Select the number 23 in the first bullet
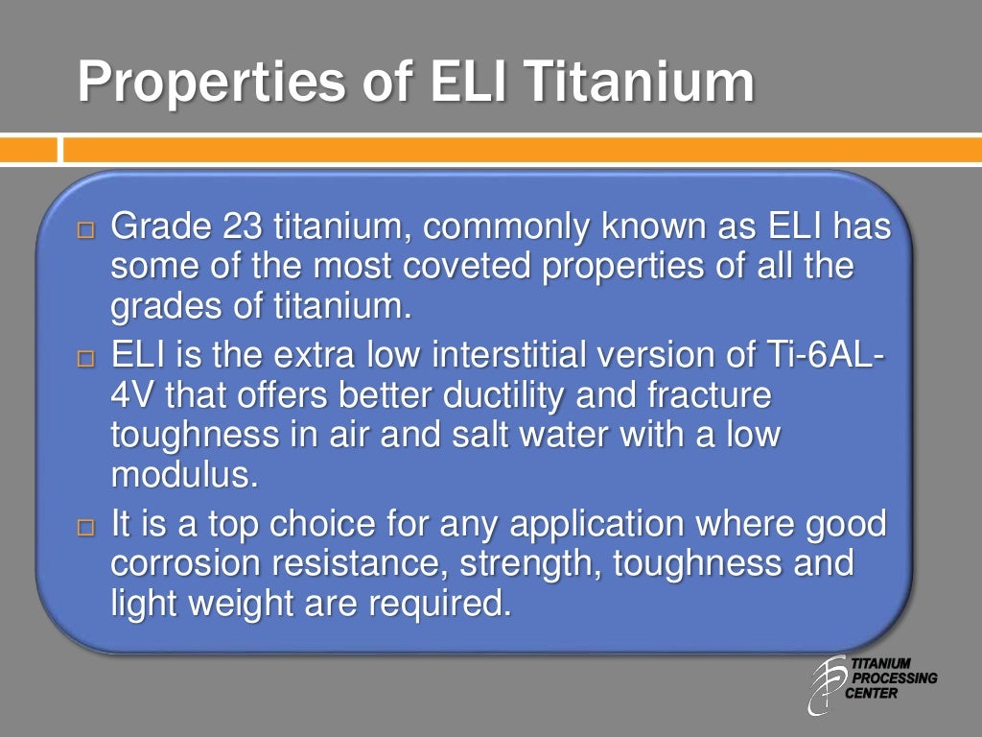pyautogui.click(x=245, y=229)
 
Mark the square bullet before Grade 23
pyautogui.click(x=87, y=231)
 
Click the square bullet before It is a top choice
pyautogui.click(x=87, y=528)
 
